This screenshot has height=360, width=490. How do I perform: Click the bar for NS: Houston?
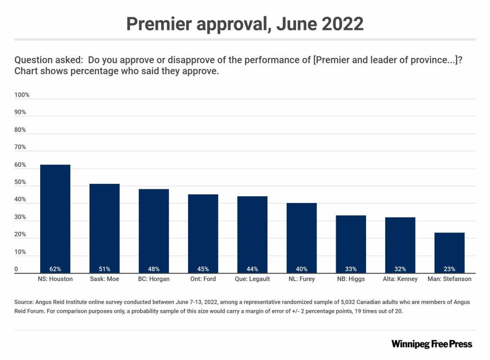coord(55,218)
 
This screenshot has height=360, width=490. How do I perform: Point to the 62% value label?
coord(55,269)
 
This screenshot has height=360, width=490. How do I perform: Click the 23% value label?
coord(449,269)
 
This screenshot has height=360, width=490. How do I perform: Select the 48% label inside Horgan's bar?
coord(154,269)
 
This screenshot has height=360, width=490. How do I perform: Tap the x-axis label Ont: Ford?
coord(203,279)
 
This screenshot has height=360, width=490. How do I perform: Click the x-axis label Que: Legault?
coord(252,279)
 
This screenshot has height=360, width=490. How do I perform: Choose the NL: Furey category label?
coord(301,279)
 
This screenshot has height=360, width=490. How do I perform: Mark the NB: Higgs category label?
coord(351,279)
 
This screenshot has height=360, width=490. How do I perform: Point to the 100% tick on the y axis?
coord(22,95)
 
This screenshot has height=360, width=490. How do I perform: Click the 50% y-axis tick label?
coord(21,182)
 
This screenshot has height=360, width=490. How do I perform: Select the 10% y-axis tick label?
coord(21,252)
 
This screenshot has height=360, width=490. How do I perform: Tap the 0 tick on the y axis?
coord(16,269)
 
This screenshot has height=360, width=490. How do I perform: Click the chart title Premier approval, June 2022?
coord(245,23)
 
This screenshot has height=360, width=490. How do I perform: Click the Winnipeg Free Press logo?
coord(432,344)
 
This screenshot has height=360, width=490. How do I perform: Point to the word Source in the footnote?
coord(24,302)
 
